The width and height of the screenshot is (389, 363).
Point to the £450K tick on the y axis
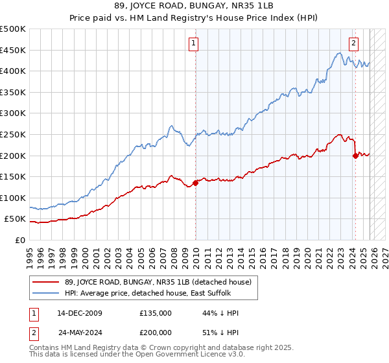(13, 50)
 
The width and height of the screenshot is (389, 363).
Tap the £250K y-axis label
(13, 134)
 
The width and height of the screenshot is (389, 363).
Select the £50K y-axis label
(15, 219)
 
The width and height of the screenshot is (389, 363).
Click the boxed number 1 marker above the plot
(194, 43)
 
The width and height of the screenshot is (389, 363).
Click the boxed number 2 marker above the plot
(353, 43)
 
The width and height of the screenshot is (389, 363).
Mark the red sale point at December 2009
(195, 183)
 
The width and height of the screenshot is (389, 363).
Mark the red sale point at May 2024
(355, 156)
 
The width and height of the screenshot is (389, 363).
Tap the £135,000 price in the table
(155, 312)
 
